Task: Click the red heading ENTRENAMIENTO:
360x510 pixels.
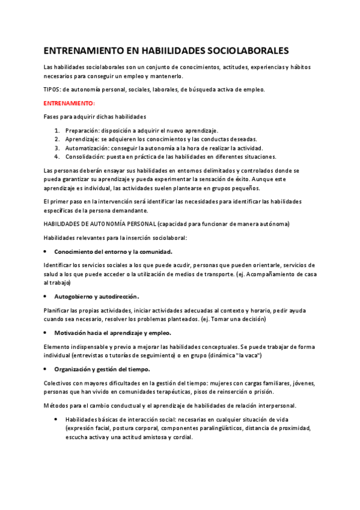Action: (x=66, y=103)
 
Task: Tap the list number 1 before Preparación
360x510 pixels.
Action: (x=56, y=131)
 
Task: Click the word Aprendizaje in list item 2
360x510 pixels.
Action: (x=82, y=139)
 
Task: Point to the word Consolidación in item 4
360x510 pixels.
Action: (x=85, y=156)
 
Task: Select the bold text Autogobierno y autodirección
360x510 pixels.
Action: (x=96, y=296)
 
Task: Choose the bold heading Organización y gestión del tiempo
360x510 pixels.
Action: (x=102, y=369)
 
